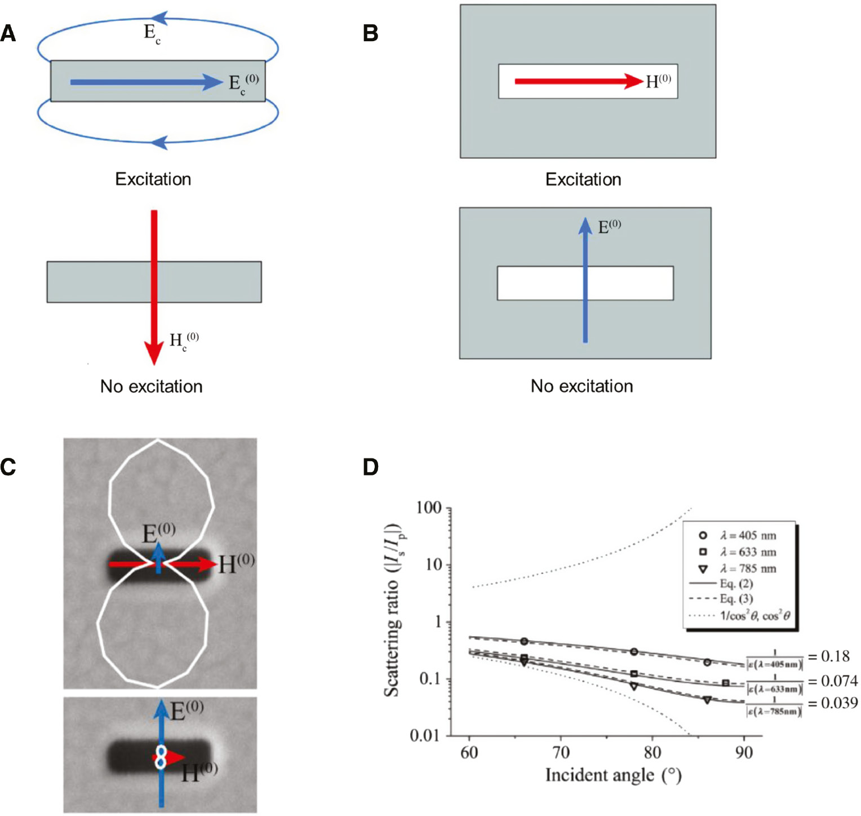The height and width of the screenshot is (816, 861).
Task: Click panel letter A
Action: click(x=8, y=34)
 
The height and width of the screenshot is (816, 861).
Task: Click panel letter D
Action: click(x=370, y=467)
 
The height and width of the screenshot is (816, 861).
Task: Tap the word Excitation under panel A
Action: click(x=153, y=179)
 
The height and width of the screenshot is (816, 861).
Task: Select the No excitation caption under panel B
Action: click(x=582, y=386)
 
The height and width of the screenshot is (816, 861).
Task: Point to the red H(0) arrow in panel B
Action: click(x=578, y=82)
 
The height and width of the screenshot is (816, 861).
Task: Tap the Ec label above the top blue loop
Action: click(x=152, y=33)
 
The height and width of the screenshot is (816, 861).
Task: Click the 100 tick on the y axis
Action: click(x=429, y=508)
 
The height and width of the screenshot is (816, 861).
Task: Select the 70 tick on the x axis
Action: click(x=561, y=752)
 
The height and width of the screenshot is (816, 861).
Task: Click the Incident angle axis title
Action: click(x=613, y=775)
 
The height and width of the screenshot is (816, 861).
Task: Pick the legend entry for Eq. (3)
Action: click(x=736, y=599)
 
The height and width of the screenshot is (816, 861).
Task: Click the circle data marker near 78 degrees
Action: click(x=634, y=652)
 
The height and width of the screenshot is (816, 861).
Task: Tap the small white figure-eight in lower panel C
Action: click(x=161, y=757)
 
